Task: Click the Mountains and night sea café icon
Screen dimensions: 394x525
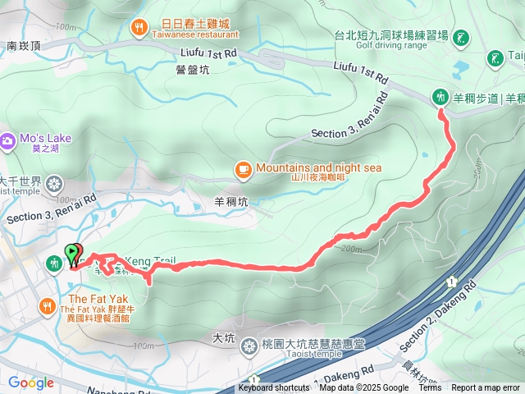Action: pyautogui.click(x=243, y=169)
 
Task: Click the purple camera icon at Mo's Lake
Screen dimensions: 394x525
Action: pyautogui.click(x=7, y=141)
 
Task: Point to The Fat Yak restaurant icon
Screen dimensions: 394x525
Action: pyautogui.click(x=47, y=307)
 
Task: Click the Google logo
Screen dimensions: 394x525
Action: pyautogui.click(x=30, y=383)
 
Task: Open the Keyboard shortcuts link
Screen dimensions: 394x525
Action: pyautogui.click(x=274, y=388)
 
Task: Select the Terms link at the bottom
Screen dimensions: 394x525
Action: pyautogui.click(x=430, y=388)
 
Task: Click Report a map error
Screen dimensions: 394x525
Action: pyautogui.click(x=486, y=388)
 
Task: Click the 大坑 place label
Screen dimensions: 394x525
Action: pyautogui.click(x=223, y=337)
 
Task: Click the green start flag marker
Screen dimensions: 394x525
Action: pyautogui.click(x=72, y=252)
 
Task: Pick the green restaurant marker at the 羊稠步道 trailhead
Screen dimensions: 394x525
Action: pyautogui.click(x=441, y=97)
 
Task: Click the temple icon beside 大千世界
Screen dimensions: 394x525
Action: pyautogui.click(x=55, y=182)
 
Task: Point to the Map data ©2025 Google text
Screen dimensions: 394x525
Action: pyautogui.click(x=363, y=388)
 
